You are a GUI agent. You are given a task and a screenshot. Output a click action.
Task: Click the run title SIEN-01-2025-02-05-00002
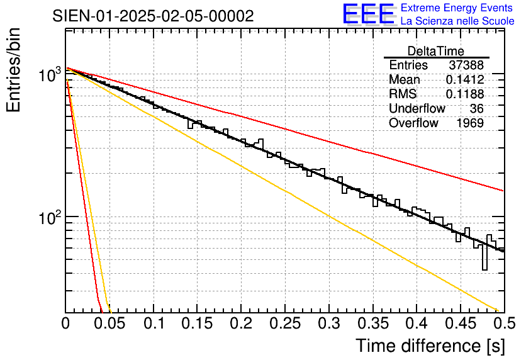point(153,16)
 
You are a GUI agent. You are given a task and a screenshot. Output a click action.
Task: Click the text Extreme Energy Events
point(457,8)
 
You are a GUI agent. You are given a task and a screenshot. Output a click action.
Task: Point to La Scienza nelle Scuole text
point(457,21)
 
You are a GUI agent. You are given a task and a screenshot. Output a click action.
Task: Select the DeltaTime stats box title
point(436,51)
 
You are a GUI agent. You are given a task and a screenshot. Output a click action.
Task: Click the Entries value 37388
point(466,65)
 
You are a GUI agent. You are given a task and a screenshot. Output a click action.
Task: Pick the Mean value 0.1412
point(464,80)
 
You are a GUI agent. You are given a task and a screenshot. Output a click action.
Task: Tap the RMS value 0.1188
point(464,94)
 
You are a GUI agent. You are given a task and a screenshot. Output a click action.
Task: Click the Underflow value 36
point(476,109)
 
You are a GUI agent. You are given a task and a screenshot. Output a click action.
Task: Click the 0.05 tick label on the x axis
point(109,325)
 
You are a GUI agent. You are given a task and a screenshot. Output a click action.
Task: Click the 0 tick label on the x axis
point(65,325)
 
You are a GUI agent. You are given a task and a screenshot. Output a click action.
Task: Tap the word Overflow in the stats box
point(413,123)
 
